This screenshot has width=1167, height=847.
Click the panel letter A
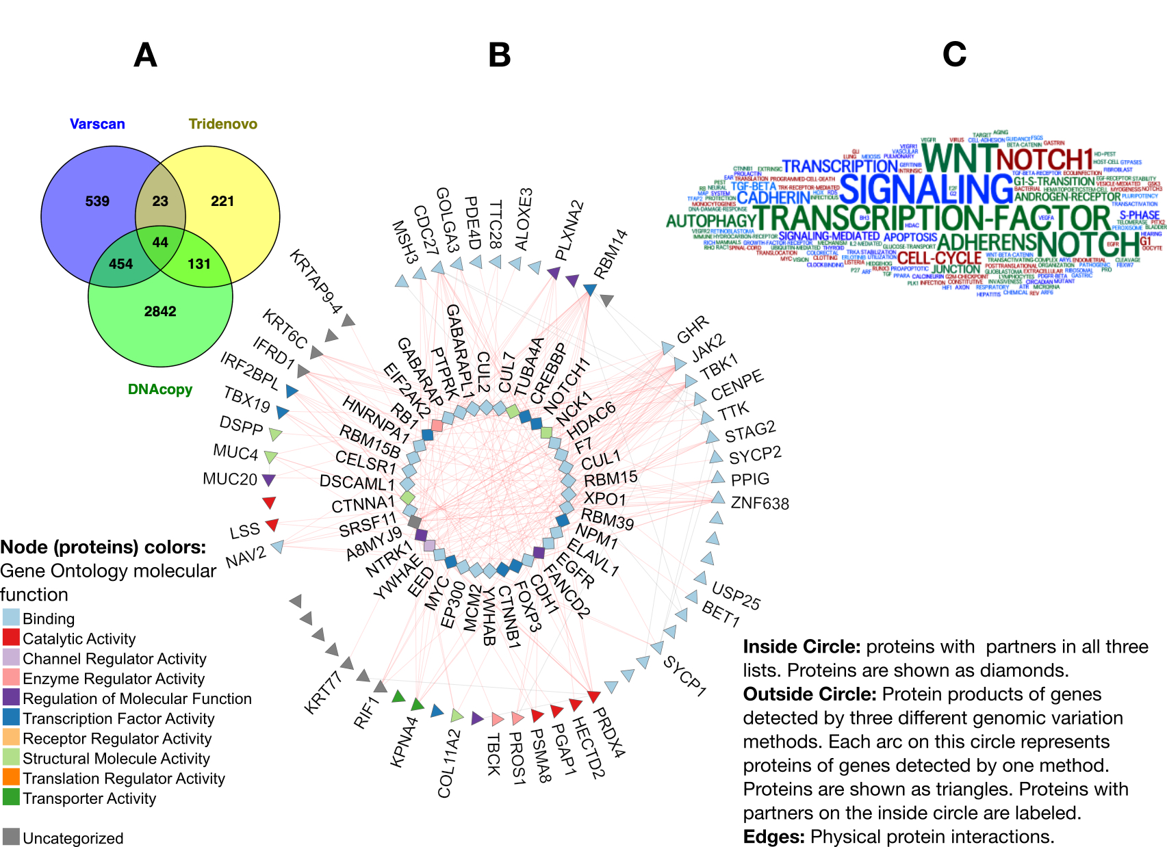coord(145,55)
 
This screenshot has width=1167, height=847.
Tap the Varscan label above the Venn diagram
coord(97,124)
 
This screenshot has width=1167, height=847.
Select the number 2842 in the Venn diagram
coord(160,311)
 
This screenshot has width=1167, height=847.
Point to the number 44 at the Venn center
coord(160,242)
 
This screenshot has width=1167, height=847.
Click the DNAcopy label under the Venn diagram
coord(160,389)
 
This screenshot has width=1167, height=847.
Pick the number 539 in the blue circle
coord(97,201)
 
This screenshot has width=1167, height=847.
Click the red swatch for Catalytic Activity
coord(11,638)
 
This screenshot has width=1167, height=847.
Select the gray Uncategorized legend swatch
coord(11,837)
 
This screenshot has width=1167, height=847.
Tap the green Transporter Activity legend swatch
coord(11,797)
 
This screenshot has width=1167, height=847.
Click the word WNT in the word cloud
coord(958,157)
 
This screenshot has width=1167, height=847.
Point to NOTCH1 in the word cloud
coord(1044,159)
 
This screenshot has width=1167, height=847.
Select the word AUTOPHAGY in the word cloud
coord(710,221)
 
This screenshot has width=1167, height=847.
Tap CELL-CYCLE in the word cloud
coord(939,259)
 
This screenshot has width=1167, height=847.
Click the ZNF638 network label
coord(760,504)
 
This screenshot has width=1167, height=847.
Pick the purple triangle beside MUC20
coord(269,480)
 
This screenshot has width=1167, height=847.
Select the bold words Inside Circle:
coord(801,647)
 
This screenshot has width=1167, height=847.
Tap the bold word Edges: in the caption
coord(774,837)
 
